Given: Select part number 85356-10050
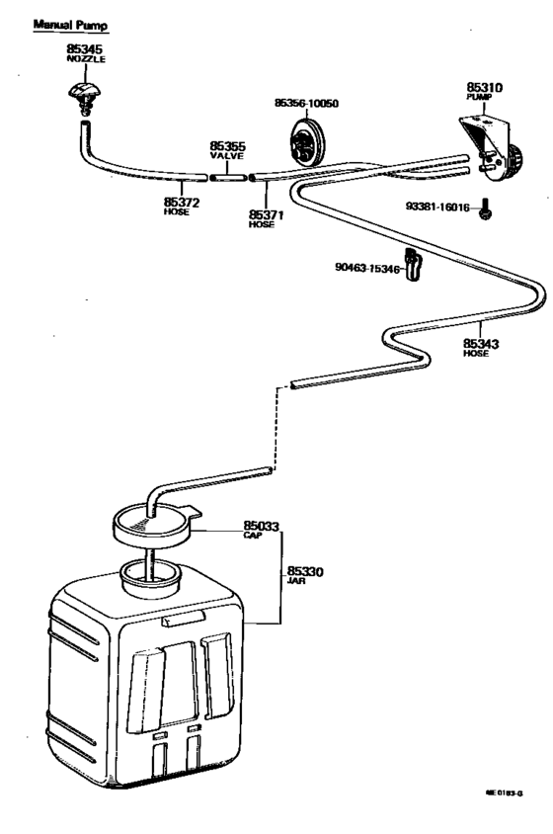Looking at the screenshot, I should coord(306,103).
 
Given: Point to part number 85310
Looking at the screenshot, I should coord(485,87).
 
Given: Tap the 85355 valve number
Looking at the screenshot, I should coord(228,146).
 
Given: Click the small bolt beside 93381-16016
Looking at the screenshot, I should coord(485,208).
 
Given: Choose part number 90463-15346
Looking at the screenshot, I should coord(368,268).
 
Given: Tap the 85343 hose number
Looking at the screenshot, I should coord(482,344).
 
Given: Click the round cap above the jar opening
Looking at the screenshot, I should coord(153,523).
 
